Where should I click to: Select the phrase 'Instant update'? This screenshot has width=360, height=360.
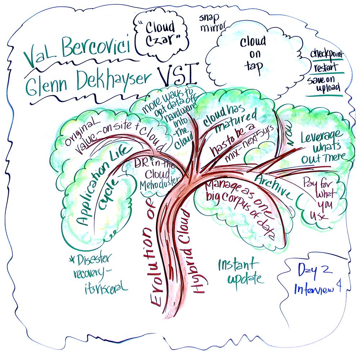tap(240, 272)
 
